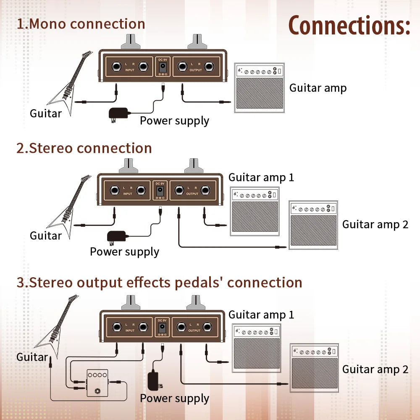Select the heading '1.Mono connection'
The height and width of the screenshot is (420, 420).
click(81, 24)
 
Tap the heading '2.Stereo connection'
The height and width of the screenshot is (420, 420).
click(84, 148)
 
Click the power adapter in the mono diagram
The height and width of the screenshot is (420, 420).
click(118, 113)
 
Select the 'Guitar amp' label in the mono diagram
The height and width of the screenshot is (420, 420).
click(318, 88)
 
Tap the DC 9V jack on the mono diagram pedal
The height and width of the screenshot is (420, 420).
click(162, 67)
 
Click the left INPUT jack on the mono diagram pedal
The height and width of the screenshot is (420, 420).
click(115, 66)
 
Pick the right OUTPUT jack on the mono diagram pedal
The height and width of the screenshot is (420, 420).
click(209, 66)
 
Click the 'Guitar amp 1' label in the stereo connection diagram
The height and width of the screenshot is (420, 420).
click(261, 177)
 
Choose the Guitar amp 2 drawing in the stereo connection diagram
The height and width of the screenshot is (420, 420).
click(313, 225)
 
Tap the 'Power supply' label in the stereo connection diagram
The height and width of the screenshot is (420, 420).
click(124, 252)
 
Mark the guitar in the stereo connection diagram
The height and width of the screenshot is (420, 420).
click(69, 206)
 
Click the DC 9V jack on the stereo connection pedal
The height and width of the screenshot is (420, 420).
click(160, 191)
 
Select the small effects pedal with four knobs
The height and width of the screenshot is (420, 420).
click(97, 383)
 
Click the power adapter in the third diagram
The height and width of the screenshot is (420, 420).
click(154, 380)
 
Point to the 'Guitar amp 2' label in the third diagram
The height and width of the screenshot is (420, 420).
click(375, 369)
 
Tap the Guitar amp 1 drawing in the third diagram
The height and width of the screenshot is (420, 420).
click(257, 348)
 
